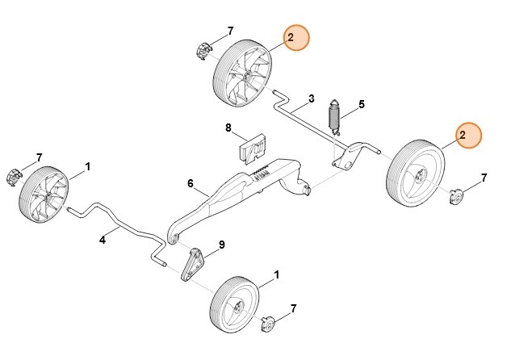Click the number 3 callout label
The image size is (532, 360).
pyautogui.click(x=310, y=99)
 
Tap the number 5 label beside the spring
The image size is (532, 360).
pyautogui.click(x=362, y=104)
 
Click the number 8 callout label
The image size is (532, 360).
pyautogui.click(x=228, y=128)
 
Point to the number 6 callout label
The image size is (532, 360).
pyautogui.click(x=191, y=183)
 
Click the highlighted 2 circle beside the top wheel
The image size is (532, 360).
pyautogui.click(x=296, y=38)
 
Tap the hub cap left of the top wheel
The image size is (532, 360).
pyautogui.click(x=203, y=50)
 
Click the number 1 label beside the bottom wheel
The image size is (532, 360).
pyautogui.click(x=278, y=275)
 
